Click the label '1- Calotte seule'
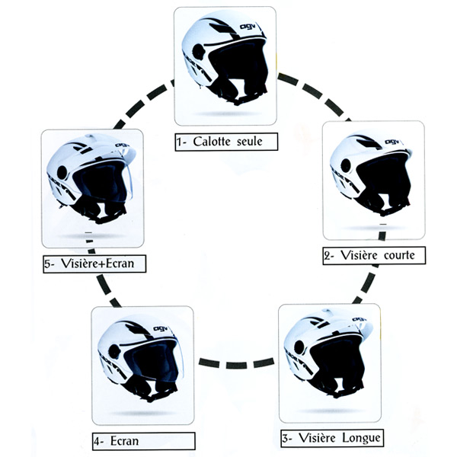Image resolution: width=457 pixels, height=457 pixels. click(226, 142)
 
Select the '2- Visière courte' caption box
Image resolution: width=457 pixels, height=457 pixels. click(374, 256)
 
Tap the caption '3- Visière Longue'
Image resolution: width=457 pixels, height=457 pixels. click(332, 438)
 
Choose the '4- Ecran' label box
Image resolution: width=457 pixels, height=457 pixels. click(144, 441)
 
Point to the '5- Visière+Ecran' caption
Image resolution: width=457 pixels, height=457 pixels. click(94, 264)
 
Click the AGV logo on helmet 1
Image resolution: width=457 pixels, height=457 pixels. click(248, 27)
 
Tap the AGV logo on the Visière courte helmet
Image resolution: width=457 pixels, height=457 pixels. click(392, 142)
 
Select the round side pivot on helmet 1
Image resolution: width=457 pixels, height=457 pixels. click(199, 53)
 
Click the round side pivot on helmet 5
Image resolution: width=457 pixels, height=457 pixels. click(62, 173)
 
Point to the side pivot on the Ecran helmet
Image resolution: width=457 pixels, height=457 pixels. click(114, 351)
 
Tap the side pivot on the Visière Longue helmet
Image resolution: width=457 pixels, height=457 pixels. click(299, 347)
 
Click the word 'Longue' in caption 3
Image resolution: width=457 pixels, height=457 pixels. click(361, 438)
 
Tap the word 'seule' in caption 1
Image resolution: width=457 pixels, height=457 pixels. click(250, 142)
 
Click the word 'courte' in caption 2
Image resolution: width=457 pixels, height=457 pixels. click(399, 255)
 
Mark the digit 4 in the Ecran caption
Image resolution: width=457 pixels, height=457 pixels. click(97, 442)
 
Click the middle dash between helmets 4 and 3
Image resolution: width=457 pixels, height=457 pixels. click(236, 365)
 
